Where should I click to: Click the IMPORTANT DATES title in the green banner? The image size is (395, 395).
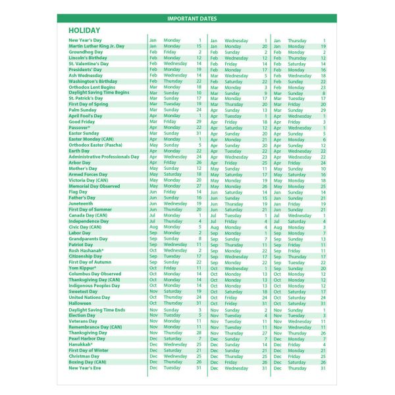tap(197, 18)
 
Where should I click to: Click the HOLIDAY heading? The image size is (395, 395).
tap(84, 30)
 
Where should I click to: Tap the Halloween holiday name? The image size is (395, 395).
tap(81, 303)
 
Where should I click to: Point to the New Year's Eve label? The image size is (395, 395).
tap(86, 367)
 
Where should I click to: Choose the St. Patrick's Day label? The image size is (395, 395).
tap(86, 98)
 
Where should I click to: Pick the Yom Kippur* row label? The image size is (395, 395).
tap(82, 268)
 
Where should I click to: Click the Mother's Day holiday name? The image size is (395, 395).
tap(84, 169)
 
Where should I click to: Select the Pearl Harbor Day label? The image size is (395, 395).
tap(88, 338)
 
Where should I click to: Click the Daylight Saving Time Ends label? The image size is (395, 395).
tap(97, 309)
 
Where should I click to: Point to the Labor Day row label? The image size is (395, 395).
tap(80, 233)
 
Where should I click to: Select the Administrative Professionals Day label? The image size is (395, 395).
tap(104, 157)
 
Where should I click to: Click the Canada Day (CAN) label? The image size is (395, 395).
tap(88, 215)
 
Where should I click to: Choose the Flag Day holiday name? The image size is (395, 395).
tap(79, 192)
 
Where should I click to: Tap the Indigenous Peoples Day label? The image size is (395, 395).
tap(94, 286)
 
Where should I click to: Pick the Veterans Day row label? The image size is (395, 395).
tap(83, 321)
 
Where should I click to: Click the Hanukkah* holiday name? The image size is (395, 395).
tap(80, 344)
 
